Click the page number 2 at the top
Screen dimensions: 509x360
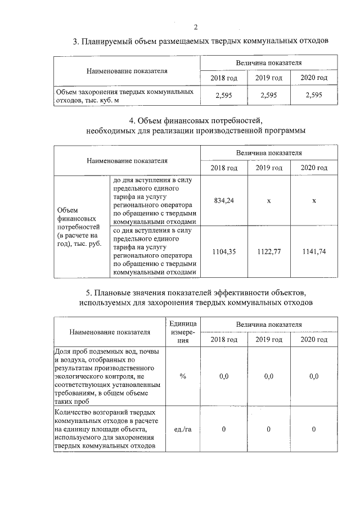[196, 27]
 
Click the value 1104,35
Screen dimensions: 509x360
[224, 251]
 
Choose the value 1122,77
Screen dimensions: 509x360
[269, 251]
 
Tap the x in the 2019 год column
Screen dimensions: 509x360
[269, 201]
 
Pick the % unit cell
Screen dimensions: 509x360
[183, 376]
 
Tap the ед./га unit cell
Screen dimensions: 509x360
[183, 430]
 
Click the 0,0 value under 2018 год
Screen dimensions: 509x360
[224, 376]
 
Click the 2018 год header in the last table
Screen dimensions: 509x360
[224, 339]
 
